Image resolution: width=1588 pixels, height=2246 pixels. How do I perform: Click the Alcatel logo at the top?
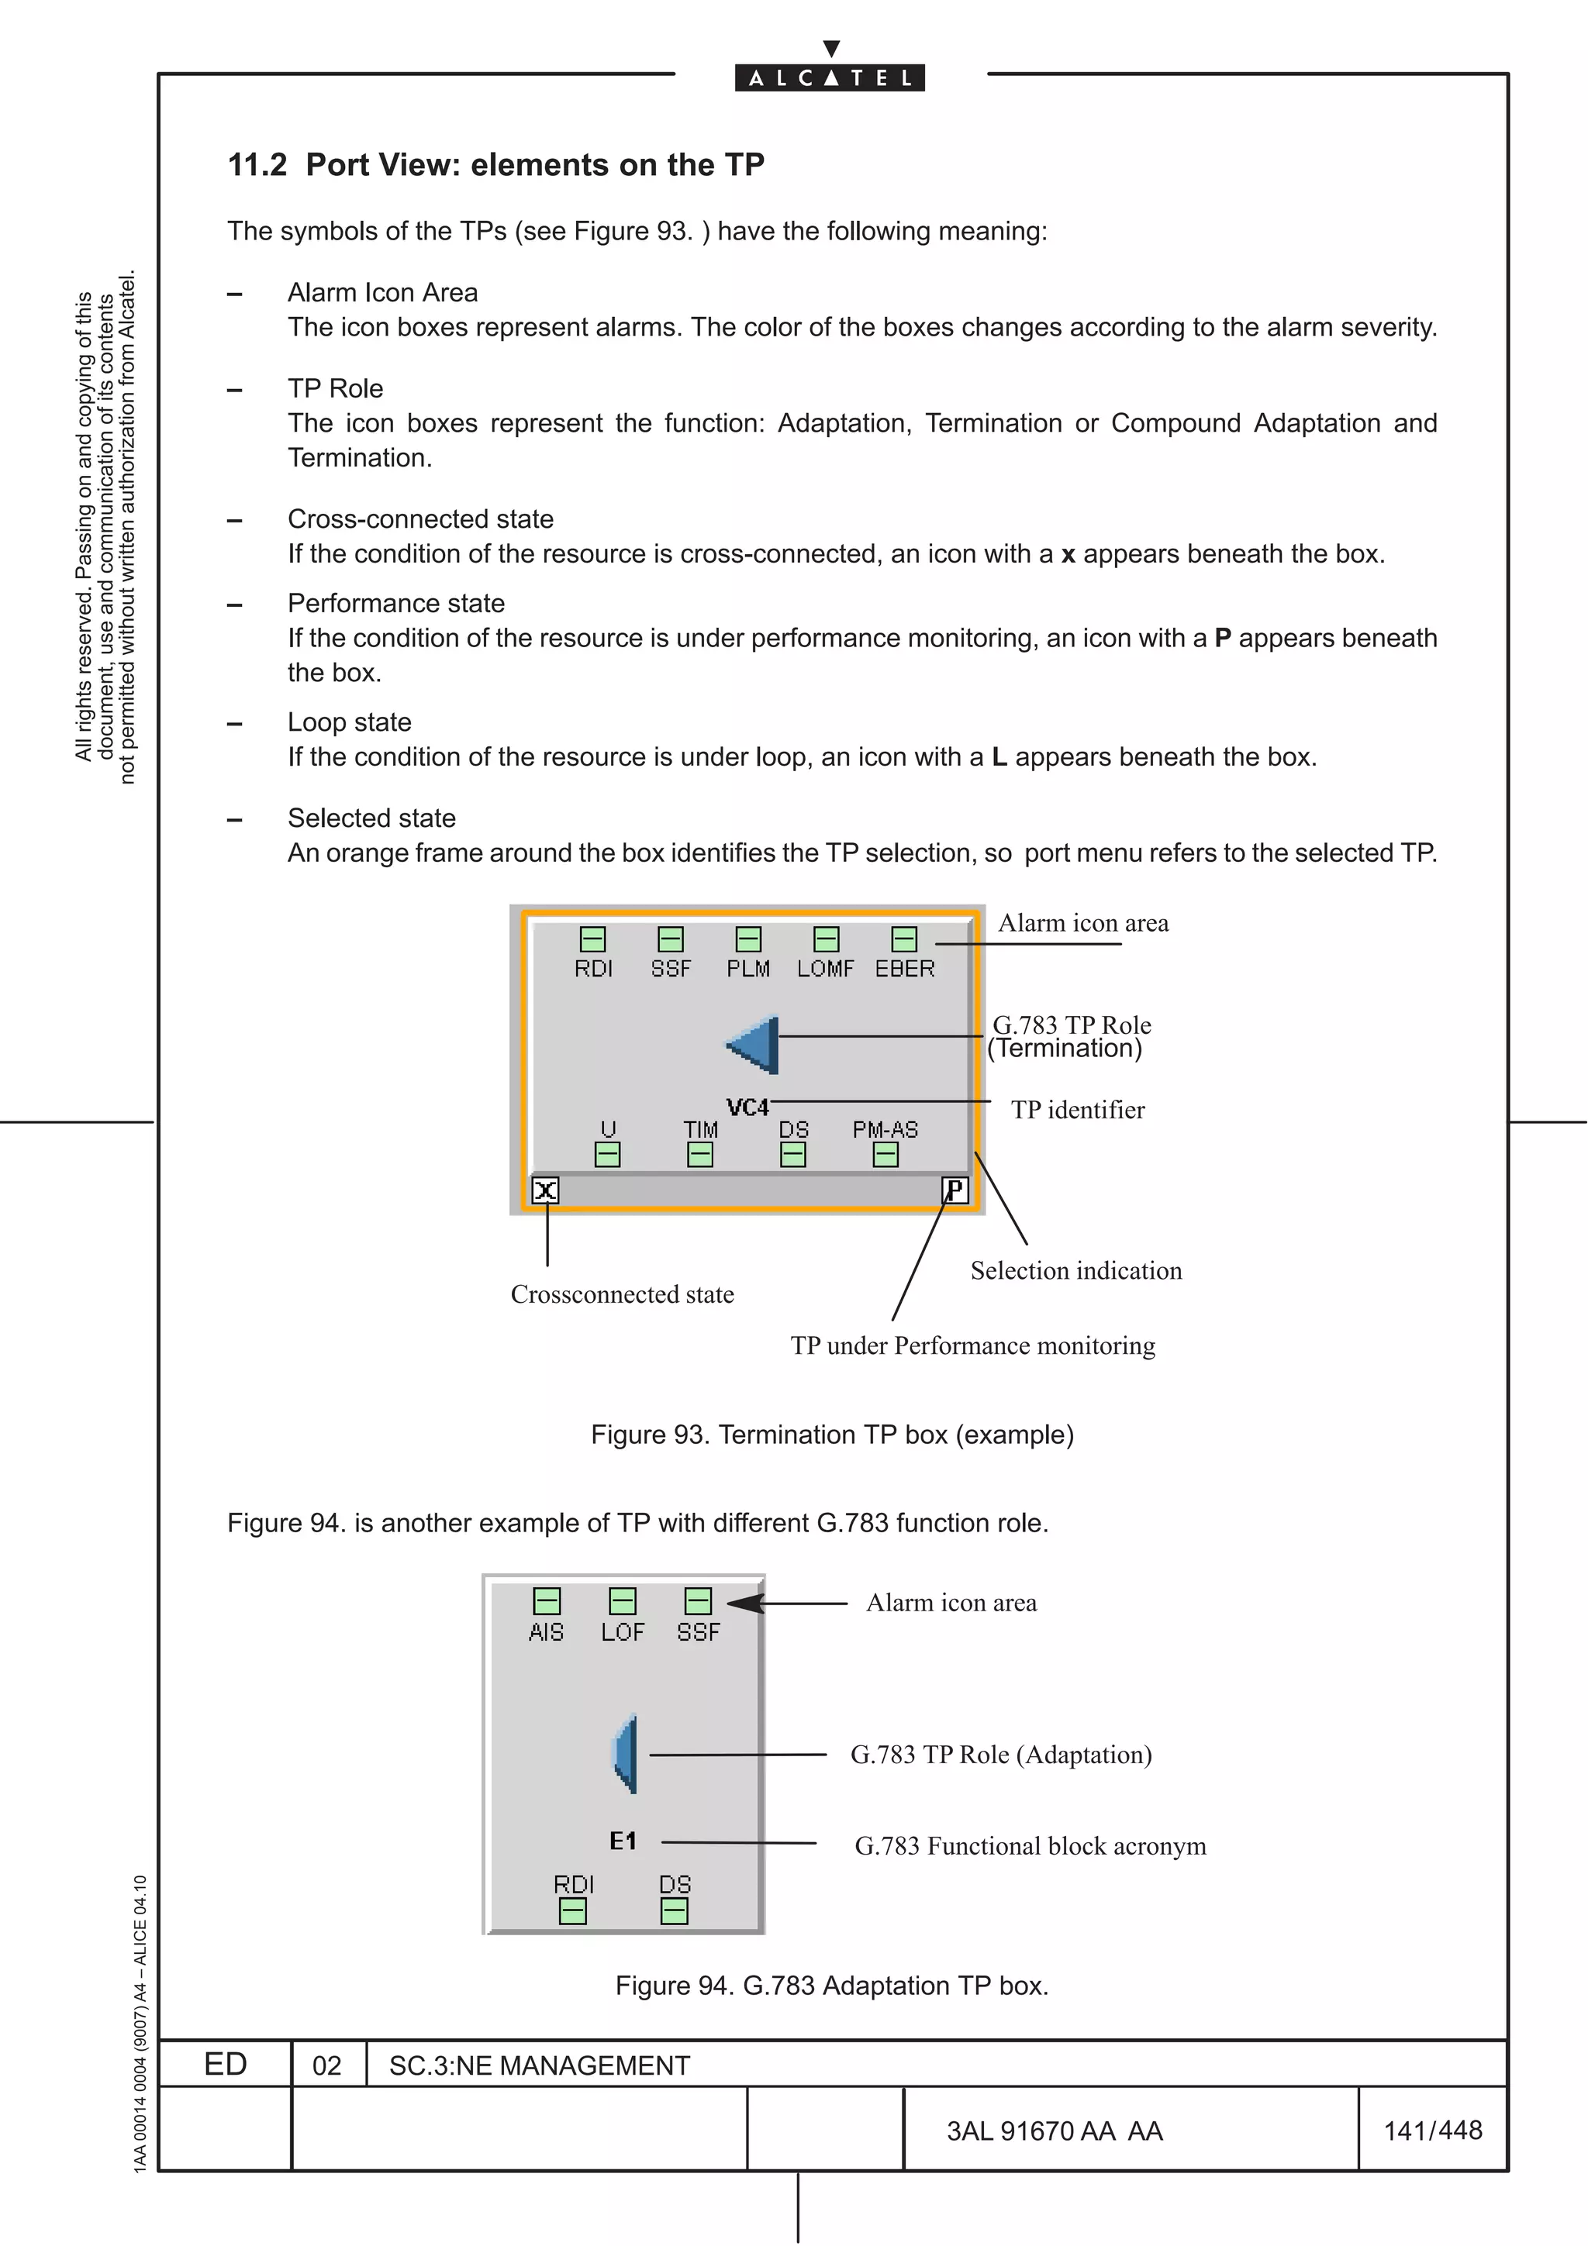click(x=830, y=78)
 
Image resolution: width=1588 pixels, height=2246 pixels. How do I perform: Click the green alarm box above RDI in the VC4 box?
click(x=593, y=939)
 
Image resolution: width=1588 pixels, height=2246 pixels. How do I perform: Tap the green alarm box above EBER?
click(x=904, y=939)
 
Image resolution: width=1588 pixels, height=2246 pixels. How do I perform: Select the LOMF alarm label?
click(x=825, y=969)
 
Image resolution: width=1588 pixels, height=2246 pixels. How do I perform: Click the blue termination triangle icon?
click(x=755, y=1045)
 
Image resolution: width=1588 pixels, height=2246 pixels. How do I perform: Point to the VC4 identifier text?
click(x=747, y=1107)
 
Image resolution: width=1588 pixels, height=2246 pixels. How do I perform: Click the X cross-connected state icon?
click(x=545, y=1190)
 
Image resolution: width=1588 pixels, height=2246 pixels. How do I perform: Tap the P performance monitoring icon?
click(x=954, y=1190)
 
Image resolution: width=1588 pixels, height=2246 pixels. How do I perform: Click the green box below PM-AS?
click(x=885, y=1156)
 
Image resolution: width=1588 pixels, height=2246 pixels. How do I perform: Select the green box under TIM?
click(x=699, y=1156)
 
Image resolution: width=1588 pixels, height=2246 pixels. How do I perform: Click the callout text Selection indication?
click(x=1075, y=1271)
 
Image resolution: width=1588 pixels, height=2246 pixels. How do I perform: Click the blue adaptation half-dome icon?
click(x=625, y=1754)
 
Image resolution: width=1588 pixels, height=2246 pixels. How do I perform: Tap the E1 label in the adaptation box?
click(x=623, y=1841)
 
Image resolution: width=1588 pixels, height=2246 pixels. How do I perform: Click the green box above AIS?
click(x=546, y=1601)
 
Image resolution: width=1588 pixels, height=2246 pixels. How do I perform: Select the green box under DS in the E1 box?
click(x=674, y=1910)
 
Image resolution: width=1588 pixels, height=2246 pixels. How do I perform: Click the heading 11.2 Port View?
click(x=495, y=165)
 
